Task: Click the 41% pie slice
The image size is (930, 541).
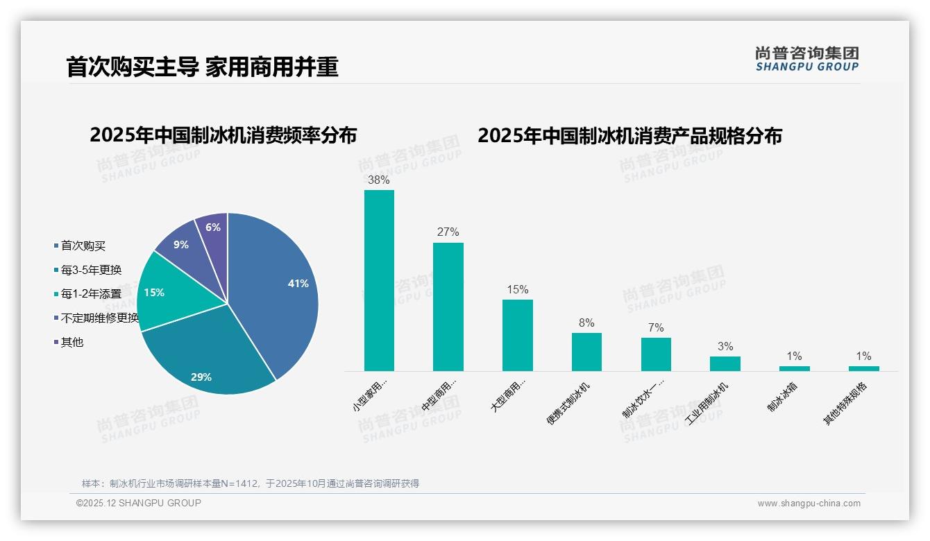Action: click(x=278, y=291)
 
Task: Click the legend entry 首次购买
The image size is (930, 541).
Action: click(x=83, y=246)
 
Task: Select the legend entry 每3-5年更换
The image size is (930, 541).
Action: click(x=91, y=270)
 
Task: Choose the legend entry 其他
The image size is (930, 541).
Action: click(x=71, y=343)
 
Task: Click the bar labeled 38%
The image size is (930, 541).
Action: click(x=379, y=280)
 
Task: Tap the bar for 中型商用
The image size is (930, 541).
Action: click(x=448, y=307)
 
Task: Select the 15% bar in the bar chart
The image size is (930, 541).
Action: click(x=517, y=335)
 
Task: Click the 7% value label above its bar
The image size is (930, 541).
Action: click(x=656, y=327)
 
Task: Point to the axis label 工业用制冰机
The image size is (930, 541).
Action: click(x=707, y=403)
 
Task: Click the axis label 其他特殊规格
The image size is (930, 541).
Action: click(x=845, y=404)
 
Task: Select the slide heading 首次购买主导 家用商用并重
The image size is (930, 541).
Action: click(x=202, y=67)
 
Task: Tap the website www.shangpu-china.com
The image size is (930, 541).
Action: click(x=809, y=504)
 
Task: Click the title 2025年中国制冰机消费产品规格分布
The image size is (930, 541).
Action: click(x=629, y=135)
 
